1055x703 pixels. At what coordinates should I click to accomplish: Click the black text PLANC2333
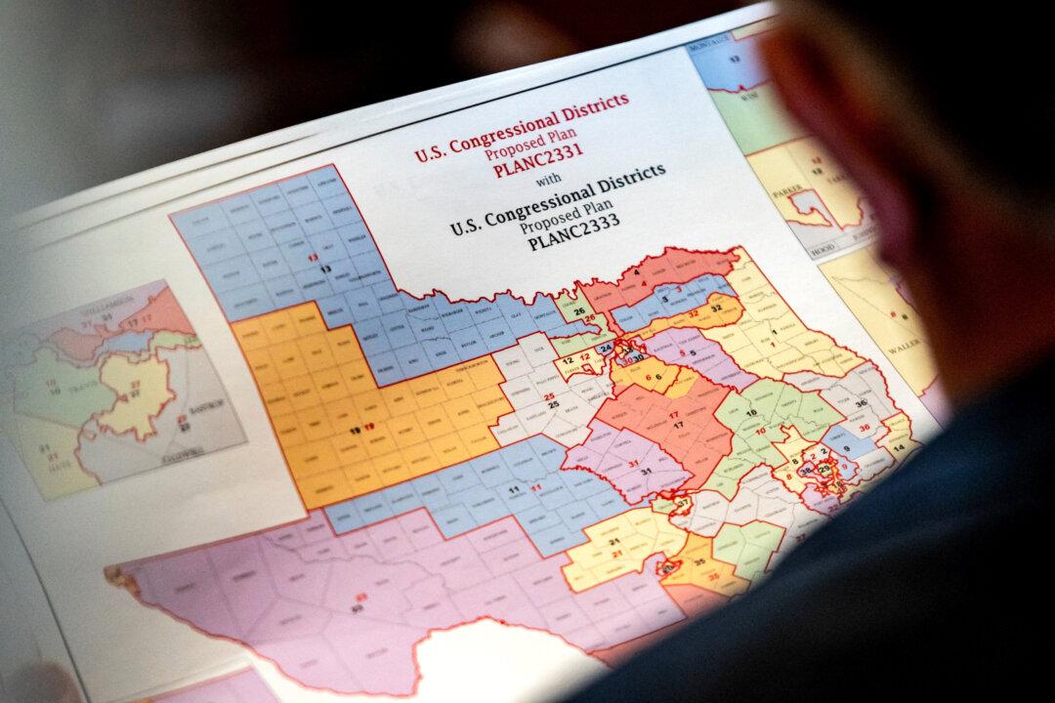click(x=574, y=234)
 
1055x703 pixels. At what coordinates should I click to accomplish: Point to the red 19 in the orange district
click(x=371, y=428)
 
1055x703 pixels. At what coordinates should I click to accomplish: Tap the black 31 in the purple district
click(x=646, y=472)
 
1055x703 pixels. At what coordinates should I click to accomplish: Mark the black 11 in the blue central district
click(x=514, y=488)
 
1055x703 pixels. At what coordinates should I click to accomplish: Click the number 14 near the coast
click(x=900, y=446)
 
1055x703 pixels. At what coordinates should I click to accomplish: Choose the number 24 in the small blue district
click(x=606, y=347)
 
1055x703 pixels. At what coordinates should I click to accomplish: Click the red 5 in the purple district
click(x=681, y=353)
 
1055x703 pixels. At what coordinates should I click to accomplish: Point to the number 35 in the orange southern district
click(x=699, y=564)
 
